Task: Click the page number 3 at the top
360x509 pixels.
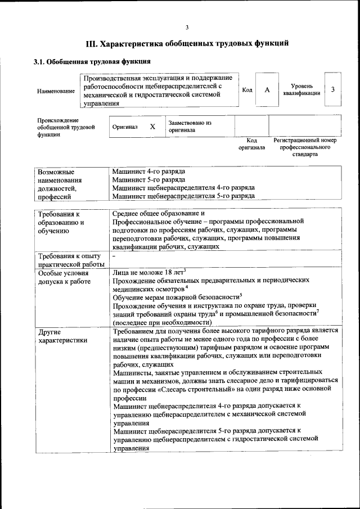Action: coord(187,28)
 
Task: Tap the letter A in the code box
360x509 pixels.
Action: coord(267,90)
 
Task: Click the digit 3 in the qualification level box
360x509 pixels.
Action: coord(333,89)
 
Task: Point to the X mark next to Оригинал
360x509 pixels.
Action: coord(152,127)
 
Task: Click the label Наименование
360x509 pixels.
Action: coord(56,91)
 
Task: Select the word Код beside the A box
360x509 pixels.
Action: coord(247,90)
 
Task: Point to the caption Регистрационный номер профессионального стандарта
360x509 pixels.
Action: coord(305,146)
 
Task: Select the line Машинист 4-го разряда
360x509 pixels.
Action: coord(148,170)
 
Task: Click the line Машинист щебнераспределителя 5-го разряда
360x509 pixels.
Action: coord(183,196)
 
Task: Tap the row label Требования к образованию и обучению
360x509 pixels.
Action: coord(61,222)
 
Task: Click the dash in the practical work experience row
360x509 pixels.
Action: coord(114,256)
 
